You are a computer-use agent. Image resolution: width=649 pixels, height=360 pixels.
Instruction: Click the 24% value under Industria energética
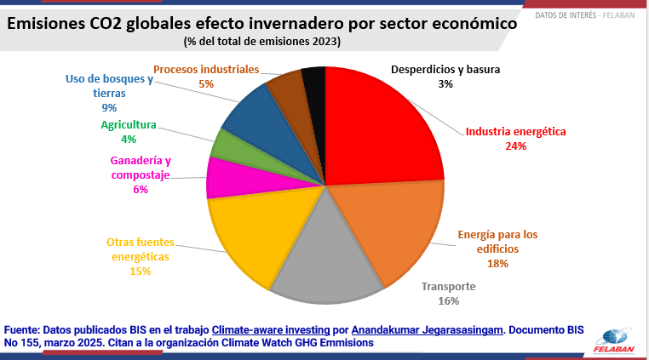point(515,146)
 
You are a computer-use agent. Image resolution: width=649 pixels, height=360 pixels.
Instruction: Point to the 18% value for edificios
point(497,264)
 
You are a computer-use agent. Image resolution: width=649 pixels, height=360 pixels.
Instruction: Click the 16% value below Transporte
point(448,300)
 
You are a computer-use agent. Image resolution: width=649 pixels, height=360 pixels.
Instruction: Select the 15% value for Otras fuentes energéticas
point(141,271)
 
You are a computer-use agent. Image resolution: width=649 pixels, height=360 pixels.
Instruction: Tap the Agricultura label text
point(129,125)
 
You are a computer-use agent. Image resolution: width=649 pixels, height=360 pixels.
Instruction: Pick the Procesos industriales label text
point(205,69)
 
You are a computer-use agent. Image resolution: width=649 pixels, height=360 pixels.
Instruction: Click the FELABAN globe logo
point(615,337)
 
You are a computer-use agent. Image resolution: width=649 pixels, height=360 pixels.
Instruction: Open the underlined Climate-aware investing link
point(271,329)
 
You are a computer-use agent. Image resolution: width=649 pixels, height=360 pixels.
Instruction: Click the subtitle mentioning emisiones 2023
point(262,42)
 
